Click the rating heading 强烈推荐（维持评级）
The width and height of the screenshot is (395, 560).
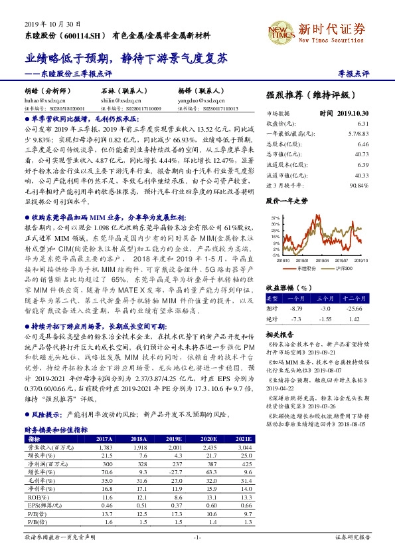[x=308, y=96]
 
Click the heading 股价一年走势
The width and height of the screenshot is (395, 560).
[x=287, y=200]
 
